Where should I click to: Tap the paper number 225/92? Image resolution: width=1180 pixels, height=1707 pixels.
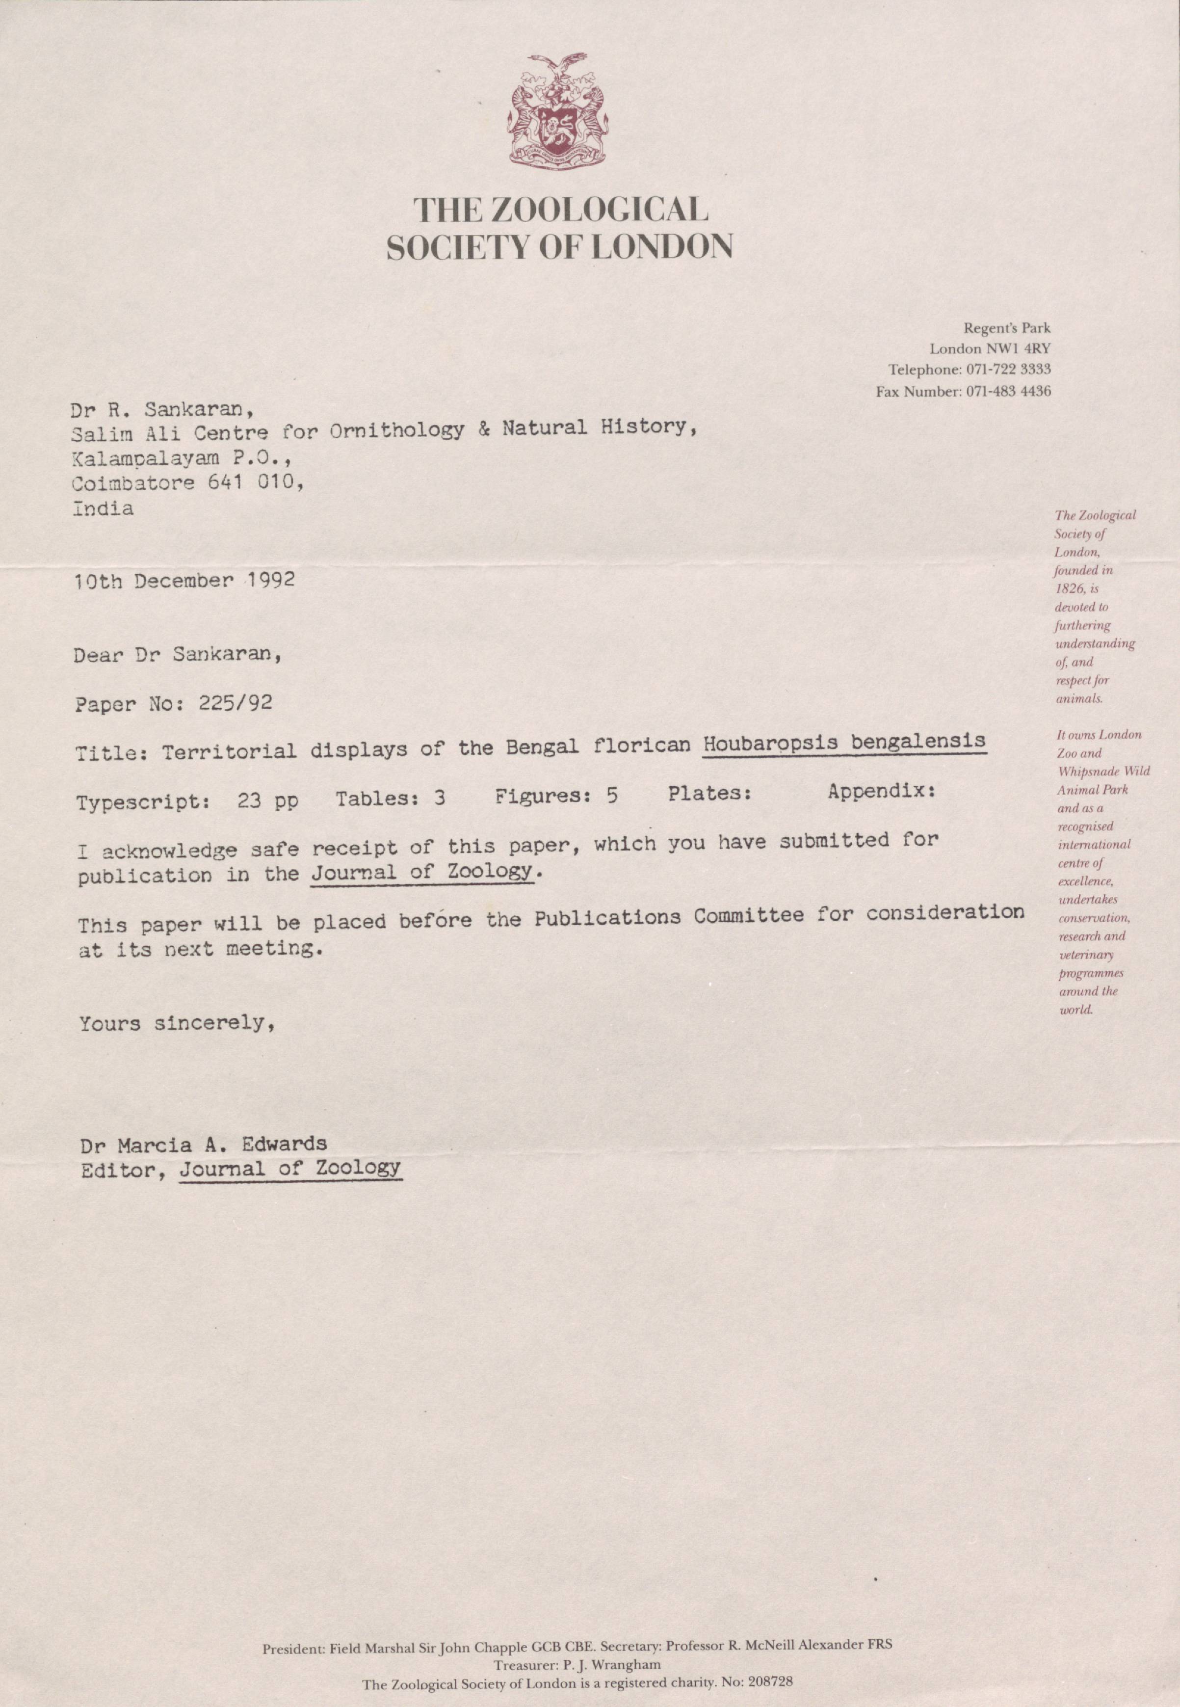pyautogui.click(x=235, y=702)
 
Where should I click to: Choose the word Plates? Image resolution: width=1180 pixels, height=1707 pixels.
pyautogui.click(x=710, y=794)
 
